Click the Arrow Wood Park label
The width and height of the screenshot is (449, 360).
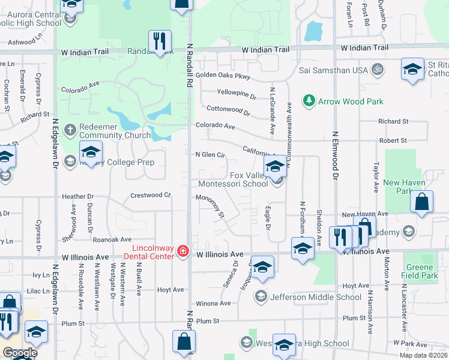click(351, 101)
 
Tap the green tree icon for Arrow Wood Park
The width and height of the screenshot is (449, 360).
click(309, 100)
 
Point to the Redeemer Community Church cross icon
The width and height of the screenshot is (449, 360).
click(70, 130)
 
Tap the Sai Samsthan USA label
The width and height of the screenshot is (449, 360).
click(334, 70)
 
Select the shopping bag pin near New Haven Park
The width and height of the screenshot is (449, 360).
click(422, 203)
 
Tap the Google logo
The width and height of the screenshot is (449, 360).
click(19, 353)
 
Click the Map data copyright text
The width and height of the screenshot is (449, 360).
click(424, 355)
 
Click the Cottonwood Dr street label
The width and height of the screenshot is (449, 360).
click(228, 111)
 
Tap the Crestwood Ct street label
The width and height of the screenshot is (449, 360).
click(151, 195)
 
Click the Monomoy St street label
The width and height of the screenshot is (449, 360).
click(211, 205)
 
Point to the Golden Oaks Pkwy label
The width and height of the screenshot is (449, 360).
click(222, 77)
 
